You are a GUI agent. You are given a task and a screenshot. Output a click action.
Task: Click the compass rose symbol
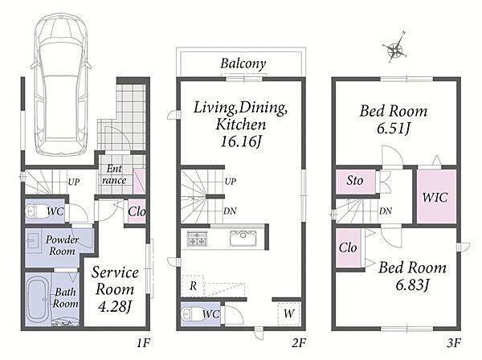point(395,48)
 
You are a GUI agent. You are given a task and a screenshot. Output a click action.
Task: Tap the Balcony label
point(243,64)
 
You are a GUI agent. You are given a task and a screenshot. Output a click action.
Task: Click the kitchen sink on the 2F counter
point(243,238)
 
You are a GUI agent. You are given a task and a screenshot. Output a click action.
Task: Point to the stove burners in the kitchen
point(197,238)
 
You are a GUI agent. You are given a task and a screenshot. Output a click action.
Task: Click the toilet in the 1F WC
point(35,211)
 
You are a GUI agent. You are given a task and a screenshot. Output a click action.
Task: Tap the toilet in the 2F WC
point(191,314)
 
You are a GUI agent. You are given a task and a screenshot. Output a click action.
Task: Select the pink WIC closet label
point(435,197)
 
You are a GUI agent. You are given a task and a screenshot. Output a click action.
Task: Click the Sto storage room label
point(355,181)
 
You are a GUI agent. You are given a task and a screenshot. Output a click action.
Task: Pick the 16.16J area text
point(241,141)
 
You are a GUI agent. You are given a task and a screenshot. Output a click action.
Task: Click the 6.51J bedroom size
point(394,129)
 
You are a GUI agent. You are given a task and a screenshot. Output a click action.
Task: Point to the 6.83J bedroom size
point(412,285)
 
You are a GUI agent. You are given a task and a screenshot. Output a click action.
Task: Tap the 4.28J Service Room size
point(115,306)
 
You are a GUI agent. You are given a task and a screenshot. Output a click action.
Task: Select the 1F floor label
point(143,343)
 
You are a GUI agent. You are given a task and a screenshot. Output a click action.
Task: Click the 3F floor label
point(454,343)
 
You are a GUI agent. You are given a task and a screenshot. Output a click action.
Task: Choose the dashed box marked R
point(193,286)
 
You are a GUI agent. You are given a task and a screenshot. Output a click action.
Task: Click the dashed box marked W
point(289,314)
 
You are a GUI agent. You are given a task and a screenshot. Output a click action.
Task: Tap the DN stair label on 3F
point(386,211)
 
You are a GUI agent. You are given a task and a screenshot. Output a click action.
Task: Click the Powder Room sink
point(32,239)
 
